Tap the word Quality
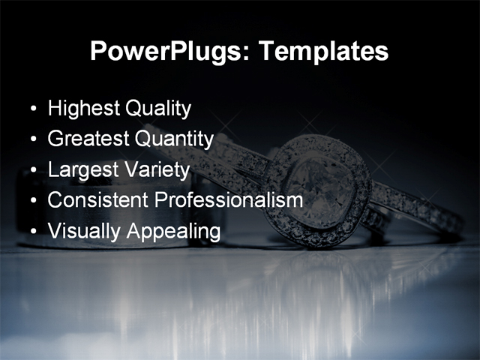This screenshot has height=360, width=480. tap(157, 109)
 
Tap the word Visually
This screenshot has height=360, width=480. tap(81, 232)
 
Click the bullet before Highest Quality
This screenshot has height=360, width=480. tap(32, 109)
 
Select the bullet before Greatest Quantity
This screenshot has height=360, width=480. tap(32, 140)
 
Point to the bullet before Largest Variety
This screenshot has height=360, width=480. tap(32, 171)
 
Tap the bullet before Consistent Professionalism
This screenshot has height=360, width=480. tap(32, 202)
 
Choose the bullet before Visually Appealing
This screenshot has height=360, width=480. tap(32, 232)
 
